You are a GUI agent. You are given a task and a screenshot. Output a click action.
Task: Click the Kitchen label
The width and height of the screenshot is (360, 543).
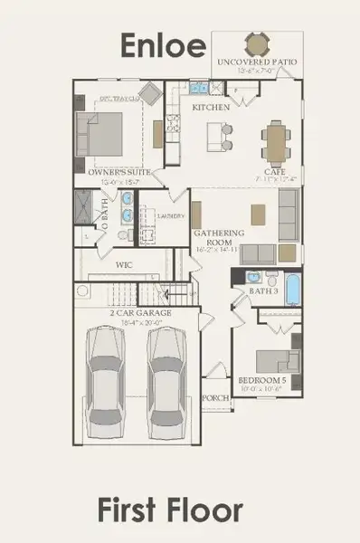pyautogui.click(x=211, y=106)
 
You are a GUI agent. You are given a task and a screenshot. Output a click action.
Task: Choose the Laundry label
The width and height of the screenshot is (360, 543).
pyautogui.click(x=171, y=216)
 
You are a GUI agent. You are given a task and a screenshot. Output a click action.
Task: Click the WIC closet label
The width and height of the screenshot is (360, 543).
pyautogui.click(x=126, y=265)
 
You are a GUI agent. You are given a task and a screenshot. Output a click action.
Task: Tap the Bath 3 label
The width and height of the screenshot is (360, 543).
pyautogui.click(x=264, y=291)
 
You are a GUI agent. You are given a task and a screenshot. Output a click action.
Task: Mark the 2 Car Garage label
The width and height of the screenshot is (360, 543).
pyautogui.click(x=141, y=312)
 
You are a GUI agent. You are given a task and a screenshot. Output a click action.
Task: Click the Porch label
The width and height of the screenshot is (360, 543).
pyautogui.click(x=214, y=397)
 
